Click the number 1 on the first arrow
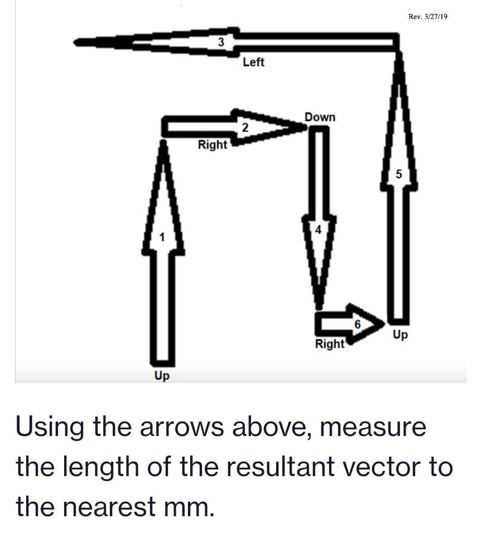coord(162,238)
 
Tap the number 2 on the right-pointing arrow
coord(244,128)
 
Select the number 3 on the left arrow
coord(221,42)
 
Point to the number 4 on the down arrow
coord(319,229)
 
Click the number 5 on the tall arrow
coord(398,174)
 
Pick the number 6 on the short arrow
coord(358,324)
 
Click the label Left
coord(253,62)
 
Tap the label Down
coord(320,117)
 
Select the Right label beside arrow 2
coord(213,145)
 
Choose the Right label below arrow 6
coord(330,344)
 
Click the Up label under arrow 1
coord(162,376)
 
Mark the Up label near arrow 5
coord(400,335)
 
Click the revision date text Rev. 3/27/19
coord(428,17)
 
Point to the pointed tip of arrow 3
coord(76,42)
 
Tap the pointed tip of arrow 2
coord(306,128)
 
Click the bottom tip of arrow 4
coord(319,307)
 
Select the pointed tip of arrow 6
coord(384,322)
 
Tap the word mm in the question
coord(193,507)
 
